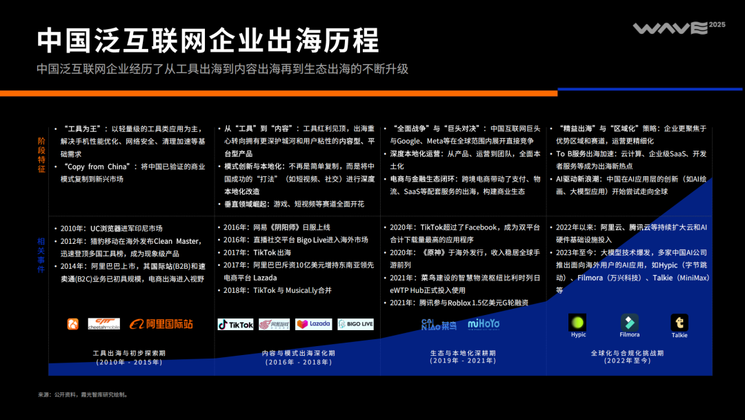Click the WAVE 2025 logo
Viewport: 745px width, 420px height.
(x=670, y=28)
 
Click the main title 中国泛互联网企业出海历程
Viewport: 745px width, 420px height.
(x=208, y=40)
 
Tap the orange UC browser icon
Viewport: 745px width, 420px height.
(x=72, y=324)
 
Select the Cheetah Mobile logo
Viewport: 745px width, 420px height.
(x=103, y=323)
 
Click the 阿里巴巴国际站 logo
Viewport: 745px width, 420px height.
(x=161, y=324)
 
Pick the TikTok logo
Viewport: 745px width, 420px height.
(x=236, y=324)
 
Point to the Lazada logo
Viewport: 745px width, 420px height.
(x=313, y=324)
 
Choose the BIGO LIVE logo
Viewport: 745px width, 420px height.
(x=355, y=324)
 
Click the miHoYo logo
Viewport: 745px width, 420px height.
(x=484, y=324)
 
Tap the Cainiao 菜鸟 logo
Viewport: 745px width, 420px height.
(x=439, y=324)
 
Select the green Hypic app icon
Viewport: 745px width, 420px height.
(x=577, y=323)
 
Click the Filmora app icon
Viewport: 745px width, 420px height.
(x=629, y=323)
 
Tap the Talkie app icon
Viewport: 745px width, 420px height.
(x=679, y=323)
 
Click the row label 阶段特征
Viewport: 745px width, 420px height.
(x=41, y=155)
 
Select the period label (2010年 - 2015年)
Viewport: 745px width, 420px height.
(x=128, y=361)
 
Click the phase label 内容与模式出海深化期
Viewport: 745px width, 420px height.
(x=298, y=353)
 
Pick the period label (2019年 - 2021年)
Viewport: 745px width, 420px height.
(x=463, y=361)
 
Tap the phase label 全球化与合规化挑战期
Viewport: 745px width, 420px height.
(x=627, y=353)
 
